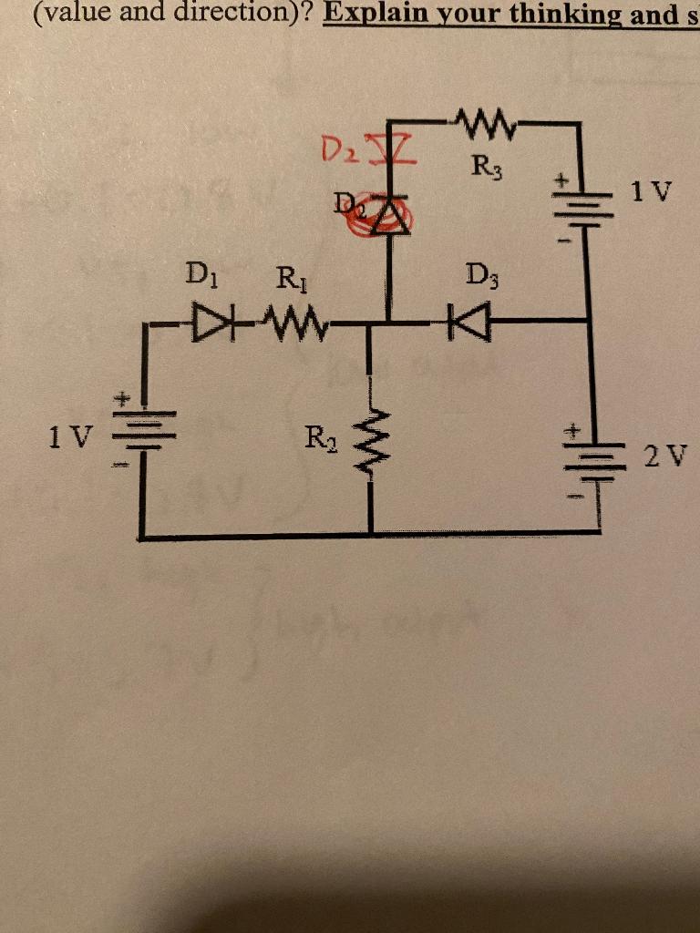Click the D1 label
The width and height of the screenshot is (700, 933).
tap(197, 272)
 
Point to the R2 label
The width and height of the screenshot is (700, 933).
tap(318, 441)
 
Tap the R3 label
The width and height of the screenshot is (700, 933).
tap(485, 167)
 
